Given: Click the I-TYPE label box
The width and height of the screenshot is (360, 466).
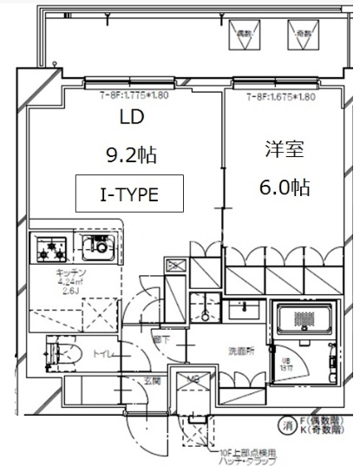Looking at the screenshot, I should pos(130,194).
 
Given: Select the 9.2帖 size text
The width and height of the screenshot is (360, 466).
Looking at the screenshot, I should pos(131,156).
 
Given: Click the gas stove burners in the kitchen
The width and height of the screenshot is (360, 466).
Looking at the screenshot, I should pos(51,249).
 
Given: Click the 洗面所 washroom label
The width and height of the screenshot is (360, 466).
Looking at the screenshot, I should pos(217,351).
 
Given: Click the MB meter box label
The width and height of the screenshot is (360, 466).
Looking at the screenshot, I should pos(193,379).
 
